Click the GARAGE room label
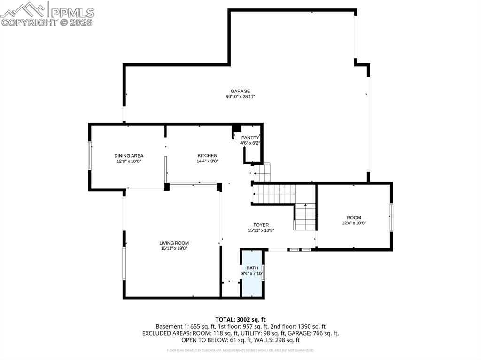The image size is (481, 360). (x=240, y=91)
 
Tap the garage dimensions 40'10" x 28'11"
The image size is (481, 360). (x=240, y=97)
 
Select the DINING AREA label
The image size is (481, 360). (x=129, y=156)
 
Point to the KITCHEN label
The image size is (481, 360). (x=207, y=156)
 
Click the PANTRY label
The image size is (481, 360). (x=250, y=138)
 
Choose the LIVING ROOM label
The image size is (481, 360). (x=174, y=243)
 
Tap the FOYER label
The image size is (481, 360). (x=261, y=225)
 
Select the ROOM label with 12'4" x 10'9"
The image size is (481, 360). (x=354, y=218)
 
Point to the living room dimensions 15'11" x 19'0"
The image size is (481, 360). (x=174, y=249)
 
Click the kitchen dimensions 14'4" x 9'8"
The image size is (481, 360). (x=207, y=161)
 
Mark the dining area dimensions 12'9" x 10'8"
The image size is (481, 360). (x=129, y=161)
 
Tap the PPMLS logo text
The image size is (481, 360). (x=71, y=12)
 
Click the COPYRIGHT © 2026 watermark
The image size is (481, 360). (x=47, y=22)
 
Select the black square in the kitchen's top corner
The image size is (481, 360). (x=237, y=128)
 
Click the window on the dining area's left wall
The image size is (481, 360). (x=90, y=155)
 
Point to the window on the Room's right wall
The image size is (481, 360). (x=391, y=217)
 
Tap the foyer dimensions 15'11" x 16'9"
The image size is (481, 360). (x=261, y=230)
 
